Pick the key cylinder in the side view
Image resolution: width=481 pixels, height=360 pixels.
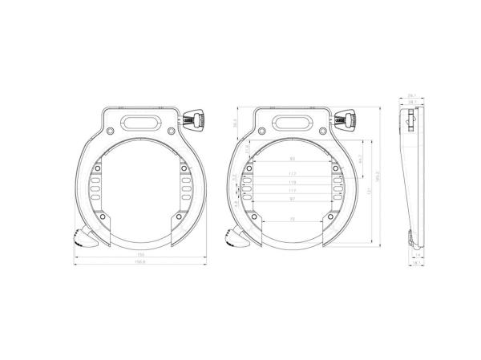(411, 120)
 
